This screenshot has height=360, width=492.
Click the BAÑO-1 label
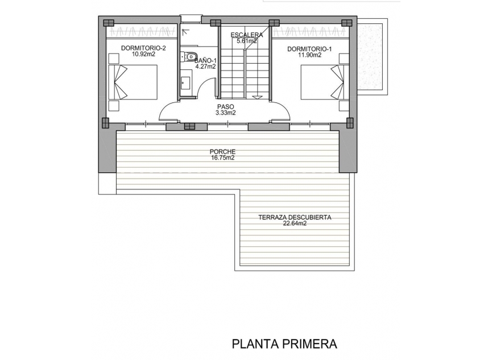coord(205,60)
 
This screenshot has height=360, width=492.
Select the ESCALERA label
coord(247,35)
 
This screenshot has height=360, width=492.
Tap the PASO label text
coord(225,106)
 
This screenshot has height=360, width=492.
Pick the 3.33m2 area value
coord(225,113)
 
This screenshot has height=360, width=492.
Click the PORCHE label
coord(222,152)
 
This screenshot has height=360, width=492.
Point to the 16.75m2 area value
coord(222,158)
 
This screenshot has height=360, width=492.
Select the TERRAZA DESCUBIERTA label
coord(295,217)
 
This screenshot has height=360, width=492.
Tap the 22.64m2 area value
coord(295,224)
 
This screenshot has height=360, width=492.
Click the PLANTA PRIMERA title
coord(284,344)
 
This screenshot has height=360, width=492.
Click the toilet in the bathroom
coord(191,56)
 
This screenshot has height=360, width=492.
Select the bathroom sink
coord(185,81)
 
